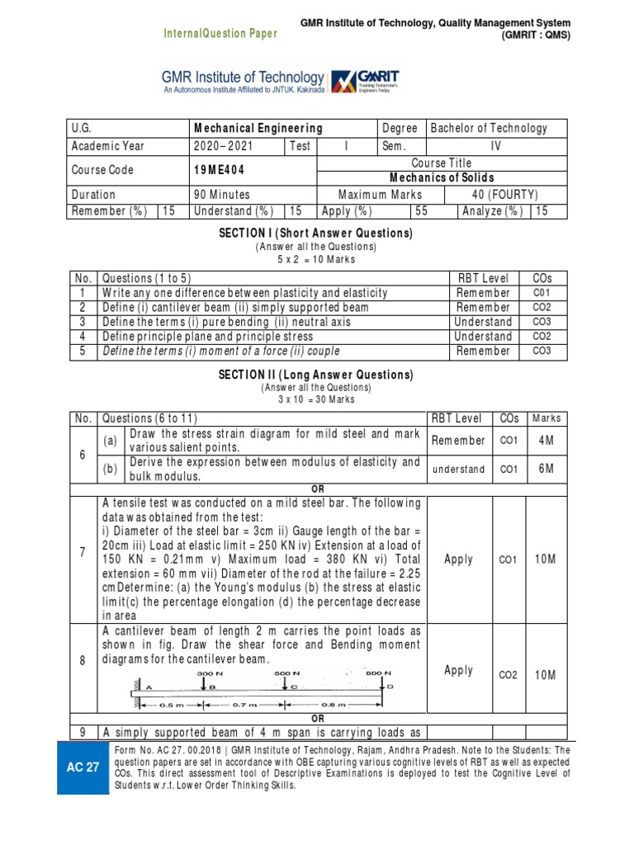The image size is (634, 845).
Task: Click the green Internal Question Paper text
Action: point(215,33)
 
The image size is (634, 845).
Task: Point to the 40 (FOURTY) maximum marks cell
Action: point(505,195)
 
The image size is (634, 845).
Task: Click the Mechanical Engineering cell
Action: point(258,128)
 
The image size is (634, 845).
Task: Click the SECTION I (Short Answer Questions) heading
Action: point(317,234)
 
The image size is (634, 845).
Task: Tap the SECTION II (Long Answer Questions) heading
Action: point(317,375)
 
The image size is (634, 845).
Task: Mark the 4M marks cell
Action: point(545,441)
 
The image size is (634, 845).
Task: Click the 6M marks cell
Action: point(545,469)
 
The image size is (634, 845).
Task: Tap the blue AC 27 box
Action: point(83,767)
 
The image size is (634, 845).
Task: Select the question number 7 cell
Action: point(83,558)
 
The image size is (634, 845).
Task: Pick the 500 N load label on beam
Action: point(286,673)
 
